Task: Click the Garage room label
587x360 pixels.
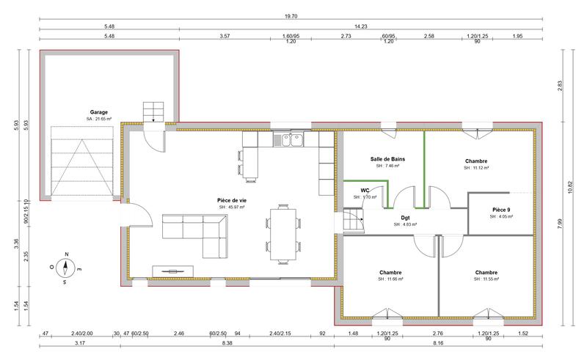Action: coord(100,111)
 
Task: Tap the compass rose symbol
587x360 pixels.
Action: coord(65,268)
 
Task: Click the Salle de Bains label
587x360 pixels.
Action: coord(387,158)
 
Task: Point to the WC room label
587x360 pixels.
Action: coord(365,190)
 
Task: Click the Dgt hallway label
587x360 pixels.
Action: coord(405,217)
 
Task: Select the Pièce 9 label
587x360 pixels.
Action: coord(502,210)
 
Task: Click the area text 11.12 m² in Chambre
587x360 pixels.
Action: coord(476,168)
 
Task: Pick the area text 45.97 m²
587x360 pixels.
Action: coord(231,207)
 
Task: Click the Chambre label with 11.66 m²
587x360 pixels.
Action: coord(390,272)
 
